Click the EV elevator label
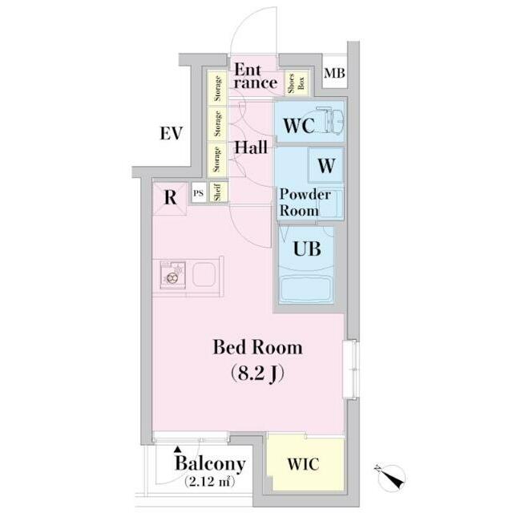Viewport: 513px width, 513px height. [171, 134]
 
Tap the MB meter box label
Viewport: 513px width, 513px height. [334, 73]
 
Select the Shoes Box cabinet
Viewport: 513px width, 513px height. [297, 83]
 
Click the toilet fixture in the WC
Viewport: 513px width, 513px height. [330, 120]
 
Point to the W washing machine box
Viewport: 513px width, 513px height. [326, 165]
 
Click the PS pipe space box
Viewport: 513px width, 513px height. [198, 193]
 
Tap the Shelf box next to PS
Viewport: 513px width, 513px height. [218, 192]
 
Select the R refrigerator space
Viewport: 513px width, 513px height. [170, 198]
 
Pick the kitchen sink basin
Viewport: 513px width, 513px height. [204, 274]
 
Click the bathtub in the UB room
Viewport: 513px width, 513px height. [305, 289]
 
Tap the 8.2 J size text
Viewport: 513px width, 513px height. [257, 374]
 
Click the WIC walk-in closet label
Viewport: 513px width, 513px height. [303, 464]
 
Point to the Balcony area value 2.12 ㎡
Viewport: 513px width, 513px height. [210, 481]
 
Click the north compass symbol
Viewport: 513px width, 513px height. [390, 478]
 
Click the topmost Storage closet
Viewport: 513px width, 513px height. [217, 88]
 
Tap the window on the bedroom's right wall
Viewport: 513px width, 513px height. [351, 370]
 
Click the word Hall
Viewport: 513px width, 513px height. [251, 147]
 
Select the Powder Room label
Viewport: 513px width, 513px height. [305, 203]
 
